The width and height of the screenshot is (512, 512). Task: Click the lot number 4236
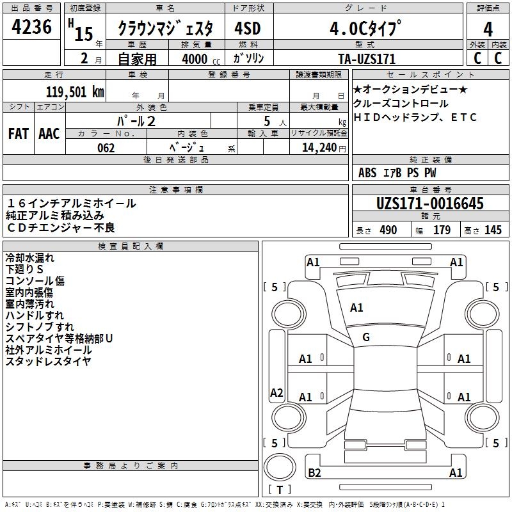31,27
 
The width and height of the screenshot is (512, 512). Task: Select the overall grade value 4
488,29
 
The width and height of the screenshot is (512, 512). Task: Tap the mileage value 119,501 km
75,92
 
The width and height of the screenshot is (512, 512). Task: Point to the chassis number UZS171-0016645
430,204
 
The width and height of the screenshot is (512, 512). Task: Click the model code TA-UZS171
367,59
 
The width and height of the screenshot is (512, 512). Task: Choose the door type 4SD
248,29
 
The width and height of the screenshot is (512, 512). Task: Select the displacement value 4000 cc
201,59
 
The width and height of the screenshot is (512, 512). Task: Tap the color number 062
106,148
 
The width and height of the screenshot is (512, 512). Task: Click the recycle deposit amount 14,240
319,148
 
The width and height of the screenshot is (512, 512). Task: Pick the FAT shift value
19,134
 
